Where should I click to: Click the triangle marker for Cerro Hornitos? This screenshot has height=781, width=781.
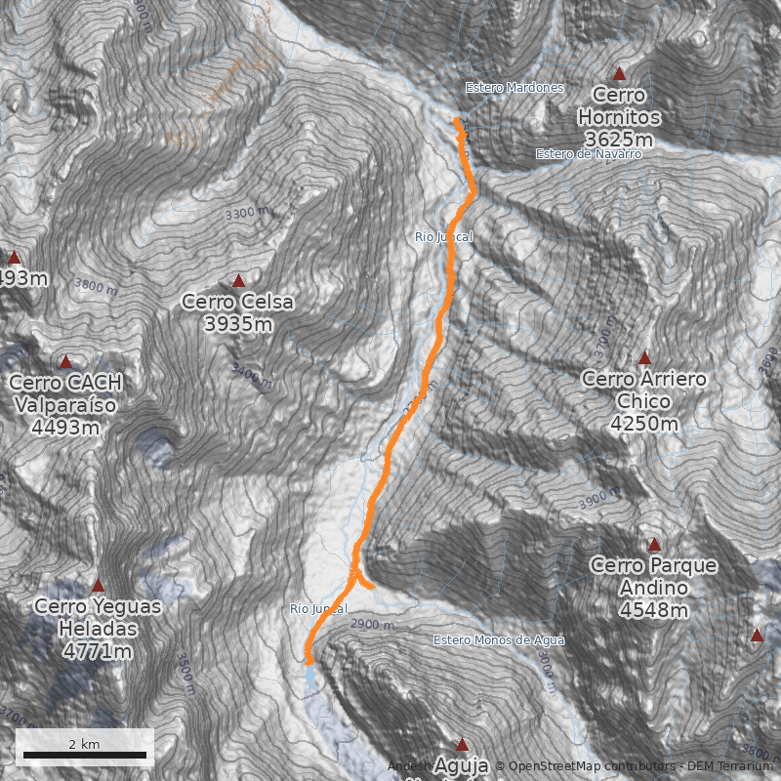(618, 73)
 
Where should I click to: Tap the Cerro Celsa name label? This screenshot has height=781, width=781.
(237, 302)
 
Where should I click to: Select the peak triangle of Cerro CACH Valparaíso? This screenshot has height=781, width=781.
(65, 362)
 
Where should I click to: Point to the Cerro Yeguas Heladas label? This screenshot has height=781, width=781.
(98, 616)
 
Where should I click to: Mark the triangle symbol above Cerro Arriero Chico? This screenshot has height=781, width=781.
(644, 358)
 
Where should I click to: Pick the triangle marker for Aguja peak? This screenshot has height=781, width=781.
(463, 744)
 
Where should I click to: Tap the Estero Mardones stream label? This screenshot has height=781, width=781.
(514, 88)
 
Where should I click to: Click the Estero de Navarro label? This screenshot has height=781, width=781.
(589, 154)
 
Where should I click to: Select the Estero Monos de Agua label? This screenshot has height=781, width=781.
(499, 640)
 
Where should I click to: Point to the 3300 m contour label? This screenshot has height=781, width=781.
(246, 212)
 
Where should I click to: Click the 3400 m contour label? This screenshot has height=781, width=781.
(251, 372)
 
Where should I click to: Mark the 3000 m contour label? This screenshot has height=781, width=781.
(545, 667)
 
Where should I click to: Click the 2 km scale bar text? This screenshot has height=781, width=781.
(84, 744)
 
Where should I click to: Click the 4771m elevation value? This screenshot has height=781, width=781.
(98, 650)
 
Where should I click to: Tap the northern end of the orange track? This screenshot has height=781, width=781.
(457, 120)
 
